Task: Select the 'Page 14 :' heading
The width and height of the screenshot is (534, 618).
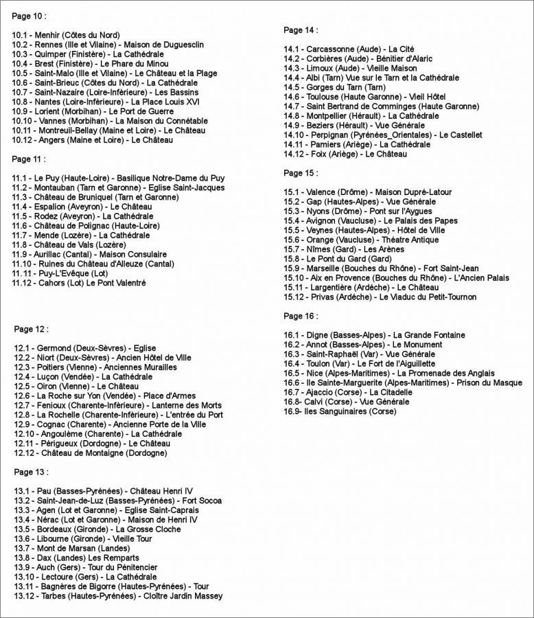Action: [x=301, y=30]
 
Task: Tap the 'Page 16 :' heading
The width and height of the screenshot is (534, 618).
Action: [x=301, y=316]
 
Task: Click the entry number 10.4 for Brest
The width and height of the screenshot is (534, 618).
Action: [x=21, y=63]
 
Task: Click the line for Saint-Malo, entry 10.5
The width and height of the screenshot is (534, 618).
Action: [x=114, y=73]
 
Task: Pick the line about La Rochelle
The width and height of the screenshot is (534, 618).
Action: [x=117, y=415]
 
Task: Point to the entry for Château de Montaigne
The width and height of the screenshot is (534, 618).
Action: [x=89, y=453]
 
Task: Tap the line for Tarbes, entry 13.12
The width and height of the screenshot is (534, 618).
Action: [x=117, y=597]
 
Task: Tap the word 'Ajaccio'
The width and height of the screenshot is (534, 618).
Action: [x=322, y=391]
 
